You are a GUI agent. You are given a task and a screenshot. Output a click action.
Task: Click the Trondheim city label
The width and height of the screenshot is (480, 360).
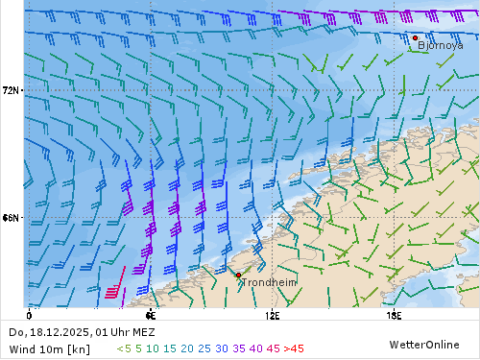coord(269,282)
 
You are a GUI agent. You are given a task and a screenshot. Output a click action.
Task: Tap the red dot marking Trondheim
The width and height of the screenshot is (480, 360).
coord(238,275)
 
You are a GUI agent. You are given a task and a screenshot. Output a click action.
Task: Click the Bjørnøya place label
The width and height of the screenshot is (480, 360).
coord(441,44)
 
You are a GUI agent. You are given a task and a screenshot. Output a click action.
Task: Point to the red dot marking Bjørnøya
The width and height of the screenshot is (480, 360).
coord(415,38)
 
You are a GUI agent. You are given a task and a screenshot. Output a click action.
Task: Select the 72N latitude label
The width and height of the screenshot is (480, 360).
coord(12,90)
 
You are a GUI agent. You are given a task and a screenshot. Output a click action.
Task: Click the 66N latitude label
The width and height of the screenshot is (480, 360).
coord(12,218)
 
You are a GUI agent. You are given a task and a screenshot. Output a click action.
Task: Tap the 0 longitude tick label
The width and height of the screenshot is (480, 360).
coord(29,315)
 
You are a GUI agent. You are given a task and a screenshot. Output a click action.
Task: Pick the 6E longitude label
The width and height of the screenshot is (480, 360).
coord(150,315)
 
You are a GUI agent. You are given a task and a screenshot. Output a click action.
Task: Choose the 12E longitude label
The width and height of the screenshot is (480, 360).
coord(273,315)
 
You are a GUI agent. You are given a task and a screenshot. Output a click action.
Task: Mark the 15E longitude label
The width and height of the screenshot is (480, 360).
coord(394,315)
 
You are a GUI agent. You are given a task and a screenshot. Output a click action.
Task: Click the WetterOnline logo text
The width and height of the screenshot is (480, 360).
coord(422,344)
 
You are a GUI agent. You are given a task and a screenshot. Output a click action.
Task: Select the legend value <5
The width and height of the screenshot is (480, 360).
coord(125,348)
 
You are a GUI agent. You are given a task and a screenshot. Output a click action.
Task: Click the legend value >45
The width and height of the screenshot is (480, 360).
coord(293,348)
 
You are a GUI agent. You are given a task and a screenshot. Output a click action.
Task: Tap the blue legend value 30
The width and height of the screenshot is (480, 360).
coord(222,348)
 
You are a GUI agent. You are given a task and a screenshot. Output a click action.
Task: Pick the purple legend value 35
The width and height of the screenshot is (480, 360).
coord(239,348)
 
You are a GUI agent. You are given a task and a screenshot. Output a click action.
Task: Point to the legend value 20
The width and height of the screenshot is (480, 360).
coord(187,348)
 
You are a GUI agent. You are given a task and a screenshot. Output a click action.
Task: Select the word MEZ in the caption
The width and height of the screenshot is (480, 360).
coord(143,332)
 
